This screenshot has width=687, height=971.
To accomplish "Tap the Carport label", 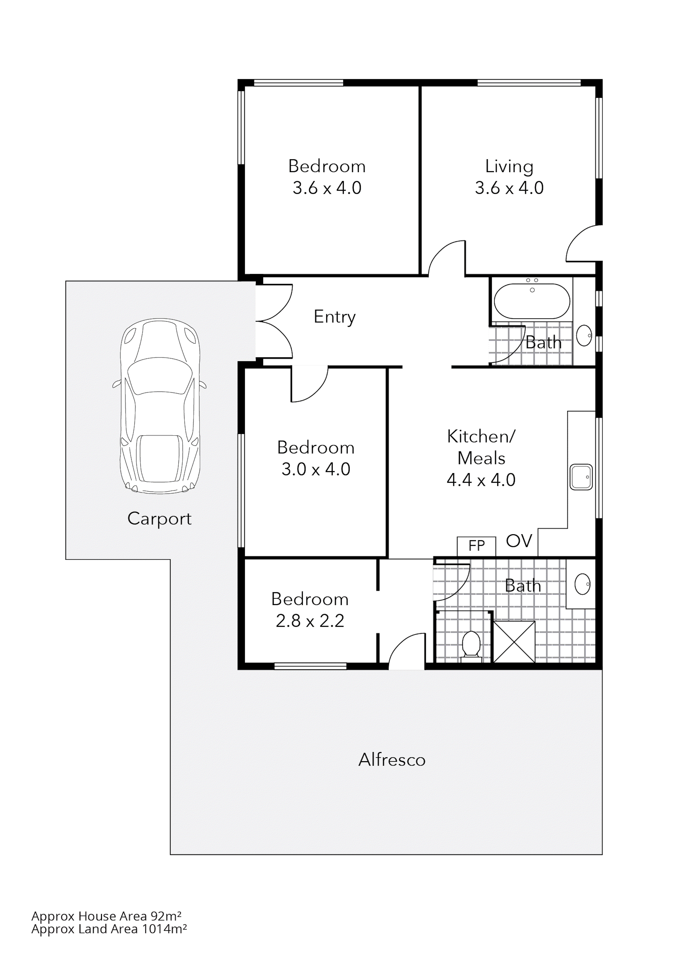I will point(159,518).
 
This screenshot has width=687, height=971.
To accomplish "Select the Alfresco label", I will point(391,760).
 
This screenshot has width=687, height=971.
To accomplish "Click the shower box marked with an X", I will point(514,642).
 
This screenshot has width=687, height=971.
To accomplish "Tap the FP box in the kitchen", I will point(476,546).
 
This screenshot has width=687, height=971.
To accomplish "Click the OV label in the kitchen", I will point(519,541).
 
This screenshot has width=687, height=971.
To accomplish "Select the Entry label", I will point(334,317).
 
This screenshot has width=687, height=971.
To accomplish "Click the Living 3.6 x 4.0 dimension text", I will point(509,188).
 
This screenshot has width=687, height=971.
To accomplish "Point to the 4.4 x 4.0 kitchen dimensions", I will point(481,480).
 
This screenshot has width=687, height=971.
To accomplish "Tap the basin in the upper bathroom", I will point(584,335).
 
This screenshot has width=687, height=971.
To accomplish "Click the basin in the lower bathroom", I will point(583,584).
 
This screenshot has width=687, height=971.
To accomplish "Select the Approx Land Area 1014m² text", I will point(109,929).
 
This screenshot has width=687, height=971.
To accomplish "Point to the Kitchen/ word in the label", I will point(481,437).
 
